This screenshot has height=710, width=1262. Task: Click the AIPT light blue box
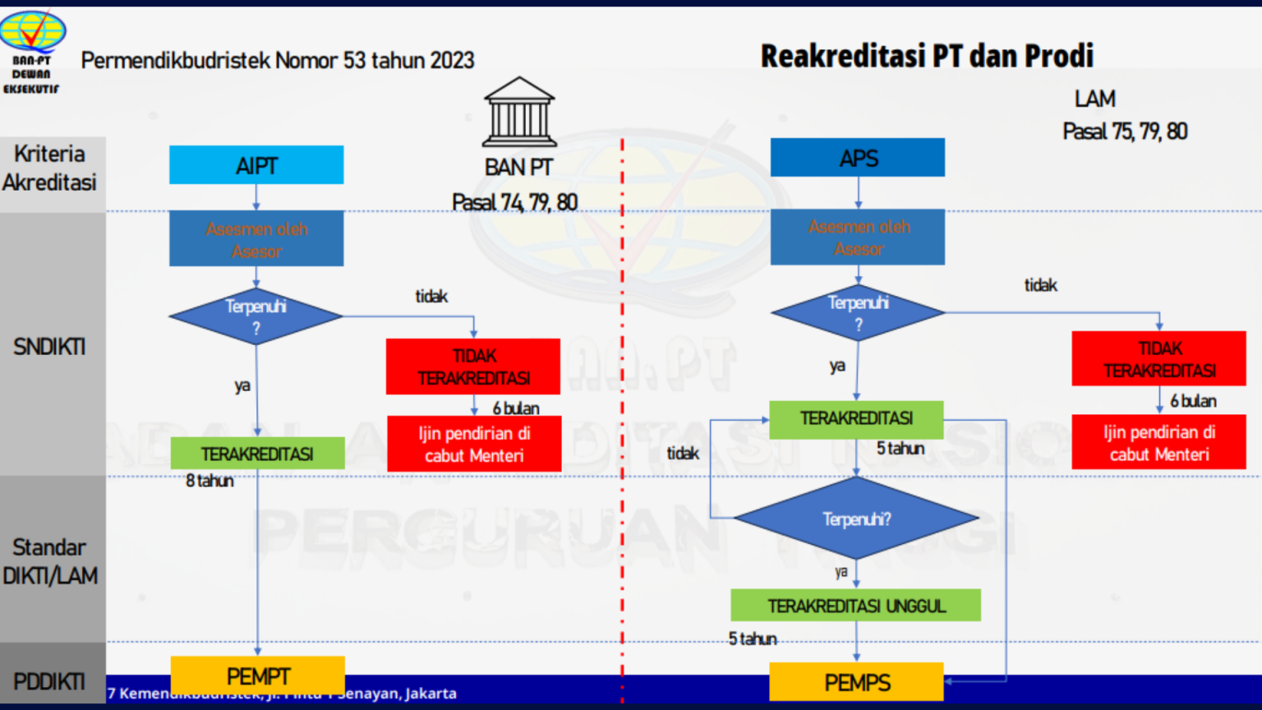pos(256,165)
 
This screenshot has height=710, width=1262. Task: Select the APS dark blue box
pos(858,158)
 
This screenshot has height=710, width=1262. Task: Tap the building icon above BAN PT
pos(519,112)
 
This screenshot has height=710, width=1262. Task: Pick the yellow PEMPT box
pos(257,675)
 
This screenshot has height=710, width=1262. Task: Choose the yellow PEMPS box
pos(856,682)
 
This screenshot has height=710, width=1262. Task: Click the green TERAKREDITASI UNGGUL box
pos(856,606)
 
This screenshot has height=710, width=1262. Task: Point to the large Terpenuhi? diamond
pos(856,519)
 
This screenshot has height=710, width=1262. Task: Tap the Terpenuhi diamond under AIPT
pos(256,316)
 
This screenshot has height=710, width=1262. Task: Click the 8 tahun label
pos(210,481)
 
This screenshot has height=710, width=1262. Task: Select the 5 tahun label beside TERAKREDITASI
pos(900,449)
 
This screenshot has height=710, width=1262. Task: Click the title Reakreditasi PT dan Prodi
pos(927,56)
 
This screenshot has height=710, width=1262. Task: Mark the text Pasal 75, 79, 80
pos(1124,131)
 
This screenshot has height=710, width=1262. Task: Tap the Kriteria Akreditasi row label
pos(50,168)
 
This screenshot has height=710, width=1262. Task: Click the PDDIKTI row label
pos(49,681)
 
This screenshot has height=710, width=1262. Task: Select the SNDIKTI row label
pos(49,347)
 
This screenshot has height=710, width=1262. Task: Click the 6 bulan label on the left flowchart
pos(516,408)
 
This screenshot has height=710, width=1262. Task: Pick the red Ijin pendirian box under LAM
pos(1158,443)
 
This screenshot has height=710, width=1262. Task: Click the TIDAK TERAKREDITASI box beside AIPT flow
pos(473,367)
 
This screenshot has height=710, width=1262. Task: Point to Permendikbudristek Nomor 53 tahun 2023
pos(278,60)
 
